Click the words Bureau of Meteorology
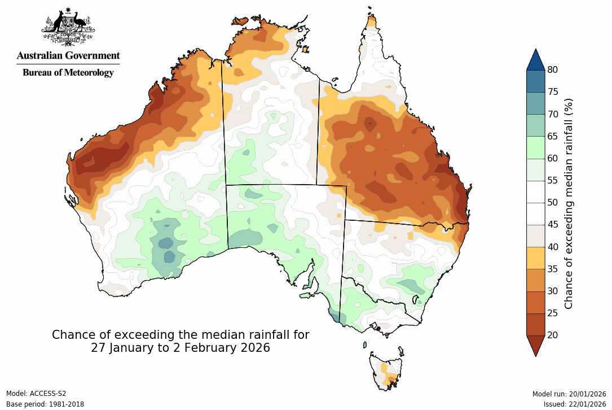[68, 72]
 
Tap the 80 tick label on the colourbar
[553, 70]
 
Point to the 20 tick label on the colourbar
[553, 335]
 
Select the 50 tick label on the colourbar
[553, 202]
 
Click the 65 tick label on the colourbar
[553, 136]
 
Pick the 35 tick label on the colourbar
[553, 269]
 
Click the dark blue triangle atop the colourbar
[535, 59]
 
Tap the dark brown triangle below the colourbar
[535, 345]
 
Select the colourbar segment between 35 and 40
[535, 258]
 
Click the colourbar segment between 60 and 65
[535, 147]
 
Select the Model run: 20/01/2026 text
[569, 394]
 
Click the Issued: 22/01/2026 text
[575, 404]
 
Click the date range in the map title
[180, 348]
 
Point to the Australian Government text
[68, 56]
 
